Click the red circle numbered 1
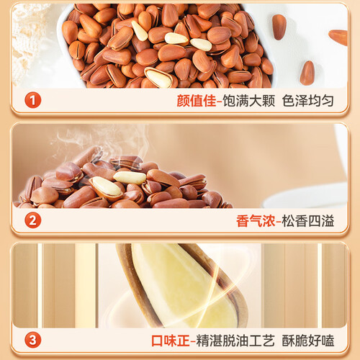pyautogui.click(x=33, y=100)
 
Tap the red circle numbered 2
pyautogui.click(x=33, y=220)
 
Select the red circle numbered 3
pyautogui.click(x=33, y=340)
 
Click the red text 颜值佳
pyautogui.click(x=197, y=101)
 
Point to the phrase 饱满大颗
pyautogui.click(x=248, y=101)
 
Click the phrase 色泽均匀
pyautogui.click(x=308, y=101)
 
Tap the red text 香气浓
pyautogui.click(x=256, y=220)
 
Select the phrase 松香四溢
pyautogui.click(x=308, y=220)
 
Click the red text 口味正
pyautogui.click(x=171, y=341)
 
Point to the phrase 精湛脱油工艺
pyautogui.click(x=235, y=341)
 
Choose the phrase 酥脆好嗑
pyautogui.click(x=308, y=341)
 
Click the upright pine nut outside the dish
pyautogui.click(x=279, y=27)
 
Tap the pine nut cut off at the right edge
pyautogui.click(x=338, y=37)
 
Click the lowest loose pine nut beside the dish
pyautogui.click(x=307, y=73)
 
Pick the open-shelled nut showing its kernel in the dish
pyautogui.click(x=159, y=77)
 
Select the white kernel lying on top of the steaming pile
pyautogui.click(x=130, y=178)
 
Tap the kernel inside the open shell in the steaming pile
pyautogui.click(x=107, y=186)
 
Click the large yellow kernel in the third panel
pyautogui.click(x=182, y=287)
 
